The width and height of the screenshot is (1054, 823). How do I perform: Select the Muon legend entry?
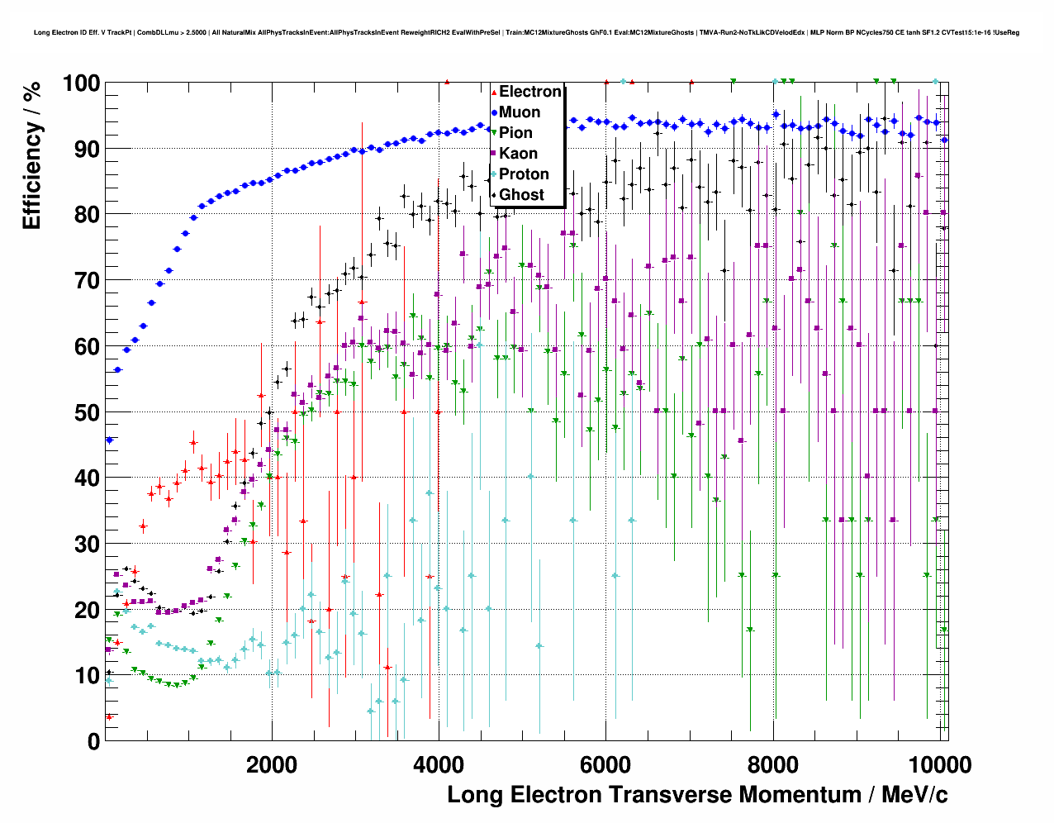click(x=520, y=112)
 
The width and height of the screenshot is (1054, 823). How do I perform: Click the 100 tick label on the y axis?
click(x=81, y=83)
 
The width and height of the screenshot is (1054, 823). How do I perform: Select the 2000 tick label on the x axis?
click(x=272, y=764)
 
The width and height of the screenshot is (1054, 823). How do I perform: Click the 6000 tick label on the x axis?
click(x=605, y=764)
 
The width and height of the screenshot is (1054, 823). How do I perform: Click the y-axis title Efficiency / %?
click(x=31, y=155)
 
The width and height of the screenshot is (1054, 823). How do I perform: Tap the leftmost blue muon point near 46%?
click(x=109, y=440)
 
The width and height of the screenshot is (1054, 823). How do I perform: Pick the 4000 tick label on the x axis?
click(x=439, y=764)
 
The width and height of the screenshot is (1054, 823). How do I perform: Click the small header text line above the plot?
click(x=526, y=33)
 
